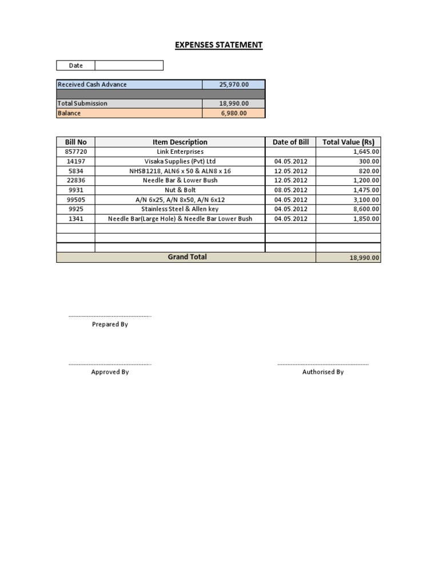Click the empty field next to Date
click(x=129, y=65)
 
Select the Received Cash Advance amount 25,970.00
click(x=234, y=85)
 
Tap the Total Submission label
click(x=82, y=103)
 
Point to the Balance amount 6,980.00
click(x=234, y=113)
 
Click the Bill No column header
click(x=75, y=142)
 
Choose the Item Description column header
click(x=180, y=142)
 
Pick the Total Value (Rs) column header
click(x=348, y=142)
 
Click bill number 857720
click(x=75, y=151)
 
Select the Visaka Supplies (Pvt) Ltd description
click(x=180, y=161)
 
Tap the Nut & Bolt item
click(x=180, y=190)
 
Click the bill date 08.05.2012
click(x=290, y=190)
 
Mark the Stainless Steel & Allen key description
click(x=180, y=209)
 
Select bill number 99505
click(x=75, y=199)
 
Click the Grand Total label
click(x=187, y=257)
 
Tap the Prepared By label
click(x=110, y=325)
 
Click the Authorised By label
click(x=323, y=372)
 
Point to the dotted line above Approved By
click(x=110, y=364)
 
